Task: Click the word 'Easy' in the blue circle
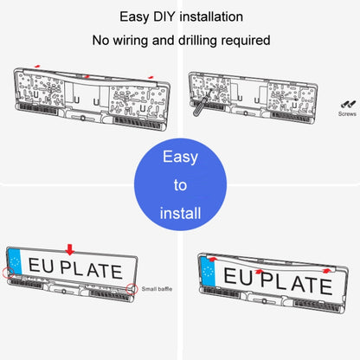tap(179, 157)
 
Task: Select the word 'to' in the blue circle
tap(179, 185)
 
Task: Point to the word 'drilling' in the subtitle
tap(194, 40)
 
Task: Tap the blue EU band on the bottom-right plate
tap(204, 274)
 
